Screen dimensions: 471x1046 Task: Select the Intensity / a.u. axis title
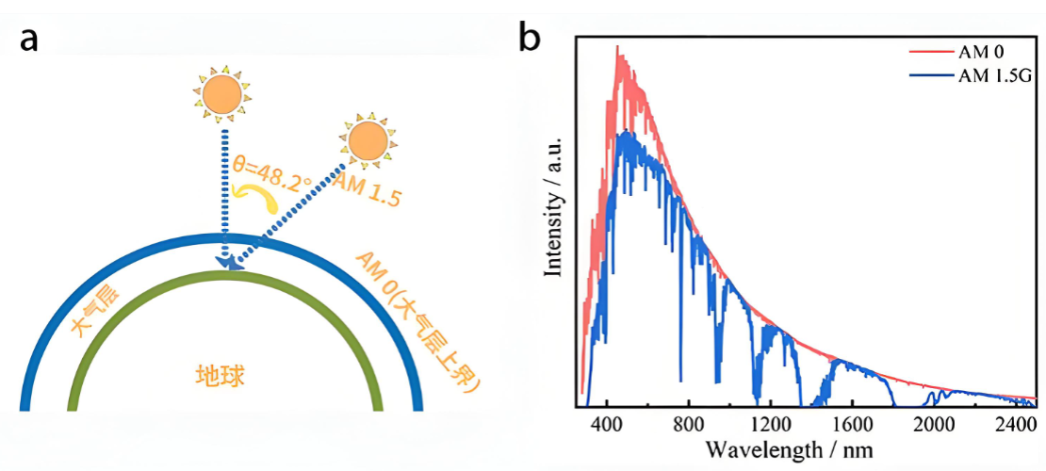pos(554,205)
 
